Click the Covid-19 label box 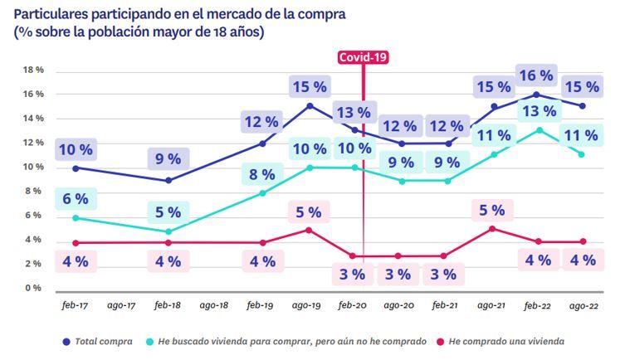click(363, 57)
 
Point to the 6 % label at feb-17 click(76, 199)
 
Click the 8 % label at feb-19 click(261, 175)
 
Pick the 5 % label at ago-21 click(492, 211)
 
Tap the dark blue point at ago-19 click(309, 105)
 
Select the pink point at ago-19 click(309, 230)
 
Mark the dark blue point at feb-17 click(76, 168)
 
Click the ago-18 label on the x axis click(215, 305)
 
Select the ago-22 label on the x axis click(583, 305)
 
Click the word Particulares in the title click(49, 14)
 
